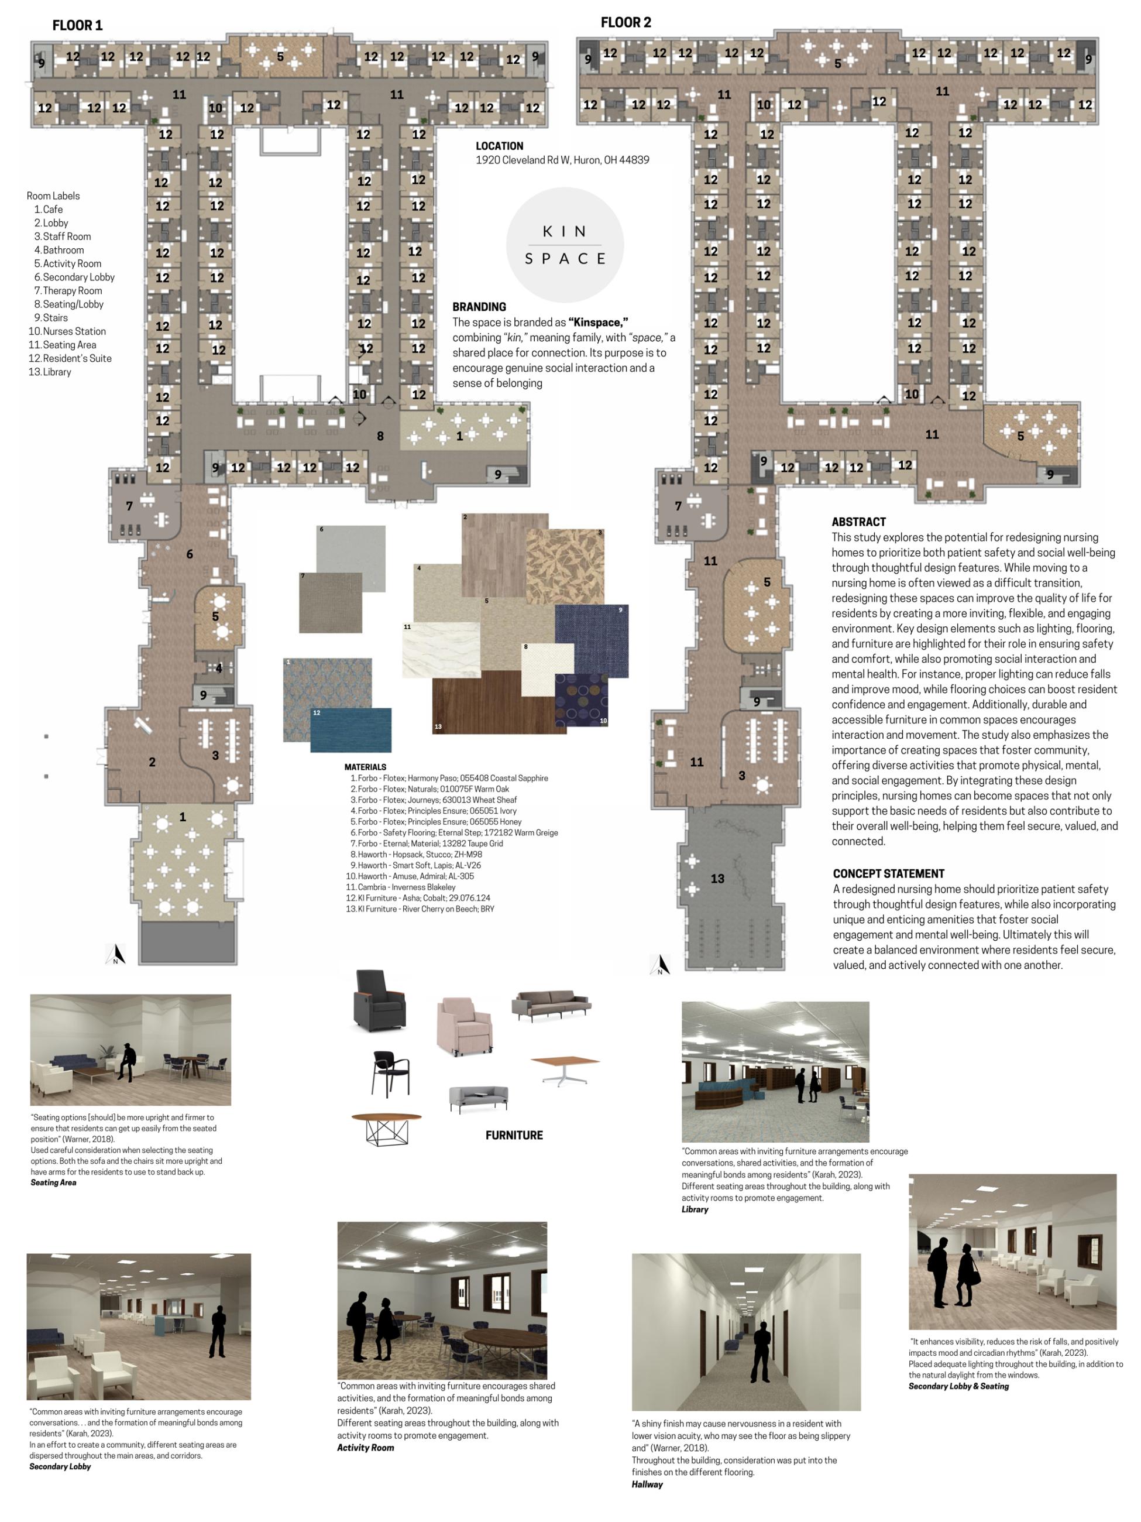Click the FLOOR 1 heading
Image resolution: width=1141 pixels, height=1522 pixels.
(x=77, y=25)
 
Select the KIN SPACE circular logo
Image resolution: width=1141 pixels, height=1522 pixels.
(x=565, y=245)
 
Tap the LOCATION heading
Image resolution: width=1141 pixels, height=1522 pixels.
(x=499, y=146)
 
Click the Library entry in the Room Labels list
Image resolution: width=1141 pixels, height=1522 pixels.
(x=50, y=372)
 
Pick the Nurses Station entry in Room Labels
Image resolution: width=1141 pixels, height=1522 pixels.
(x=67, y=331)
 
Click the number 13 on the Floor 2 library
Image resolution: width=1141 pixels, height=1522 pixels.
(x=717, y=879)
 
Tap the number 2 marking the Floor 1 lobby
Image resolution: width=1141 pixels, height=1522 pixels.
(x=152, y=762)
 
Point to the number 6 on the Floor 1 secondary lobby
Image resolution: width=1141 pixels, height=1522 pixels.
(x=189, y=554)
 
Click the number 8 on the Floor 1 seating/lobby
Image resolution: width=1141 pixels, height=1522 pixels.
(x=380, y=436)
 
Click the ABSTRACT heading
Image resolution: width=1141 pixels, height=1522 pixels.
(x=858, y=522)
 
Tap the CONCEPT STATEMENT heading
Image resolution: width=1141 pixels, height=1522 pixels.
(x=889, y=873)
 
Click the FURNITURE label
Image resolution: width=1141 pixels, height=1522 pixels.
(x=514, y=1134)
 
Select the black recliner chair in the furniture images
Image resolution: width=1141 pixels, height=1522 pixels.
(x=379, y=1000)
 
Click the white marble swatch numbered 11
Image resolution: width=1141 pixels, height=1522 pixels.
(x=441, y=650)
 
